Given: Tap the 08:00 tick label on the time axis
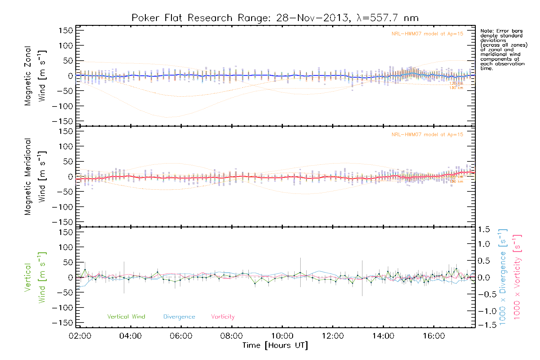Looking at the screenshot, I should coord(231,336).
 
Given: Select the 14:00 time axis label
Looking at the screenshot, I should coord(383,336).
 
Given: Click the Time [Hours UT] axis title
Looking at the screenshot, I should coord(275,346).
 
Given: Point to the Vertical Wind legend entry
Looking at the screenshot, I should coord(126,317).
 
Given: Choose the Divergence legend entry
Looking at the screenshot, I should coord(179,317).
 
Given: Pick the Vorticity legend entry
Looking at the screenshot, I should coord(223,317).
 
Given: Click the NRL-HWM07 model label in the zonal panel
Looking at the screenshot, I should coord(427,34).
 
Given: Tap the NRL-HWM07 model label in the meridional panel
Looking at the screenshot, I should coord(427,135).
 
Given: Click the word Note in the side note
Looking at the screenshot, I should coord(486,31).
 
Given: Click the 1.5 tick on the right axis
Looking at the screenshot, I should coord(484,229).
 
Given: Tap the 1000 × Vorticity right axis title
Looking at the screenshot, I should coord(517,277).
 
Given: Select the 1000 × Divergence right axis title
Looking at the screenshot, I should coord(503,277).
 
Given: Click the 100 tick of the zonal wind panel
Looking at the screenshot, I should coord(66,46).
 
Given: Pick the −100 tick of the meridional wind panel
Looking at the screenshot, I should coord(62,207).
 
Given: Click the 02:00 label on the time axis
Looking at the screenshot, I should coord(80,336).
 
